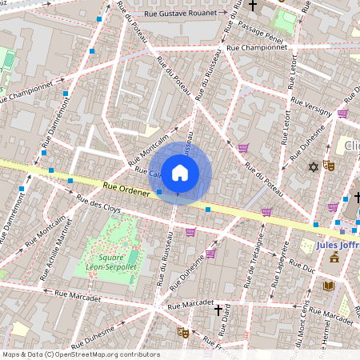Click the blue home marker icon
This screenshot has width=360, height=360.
180,171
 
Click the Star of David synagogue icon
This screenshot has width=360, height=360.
314,166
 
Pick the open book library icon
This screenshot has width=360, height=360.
328,286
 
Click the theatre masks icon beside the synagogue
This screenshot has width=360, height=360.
328,166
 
